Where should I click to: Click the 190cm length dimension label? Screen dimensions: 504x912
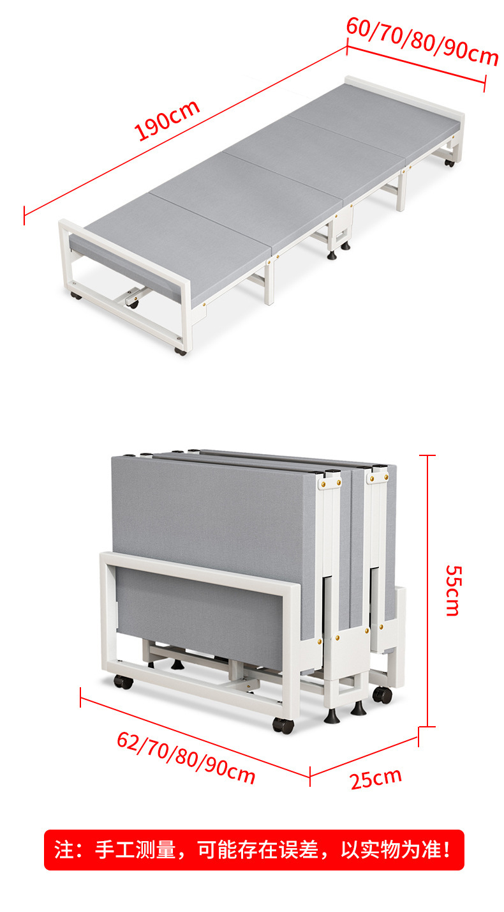click(167, 119)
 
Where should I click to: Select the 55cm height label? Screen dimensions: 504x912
click(453, 590)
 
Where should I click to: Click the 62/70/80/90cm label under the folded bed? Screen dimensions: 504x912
click(186, 757)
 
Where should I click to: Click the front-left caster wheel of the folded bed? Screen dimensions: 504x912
click(123, 681)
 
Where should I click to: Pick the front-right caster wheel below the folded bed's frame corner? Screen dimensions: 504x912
click(283, 726)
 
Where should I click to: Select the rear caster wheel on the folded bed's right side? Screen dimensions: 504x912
click(382, 695)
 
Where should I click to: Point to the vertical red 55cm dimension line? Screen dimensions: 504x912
click(427, 590)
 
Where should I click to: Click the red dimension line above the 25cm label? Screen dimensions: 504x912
click(364, 756)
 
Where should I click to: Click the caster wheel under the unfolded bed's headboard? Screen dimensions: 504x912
click(450, 163)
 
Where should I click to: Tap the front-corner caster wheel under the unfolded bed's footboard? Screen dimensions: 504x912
click(181, 351)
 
